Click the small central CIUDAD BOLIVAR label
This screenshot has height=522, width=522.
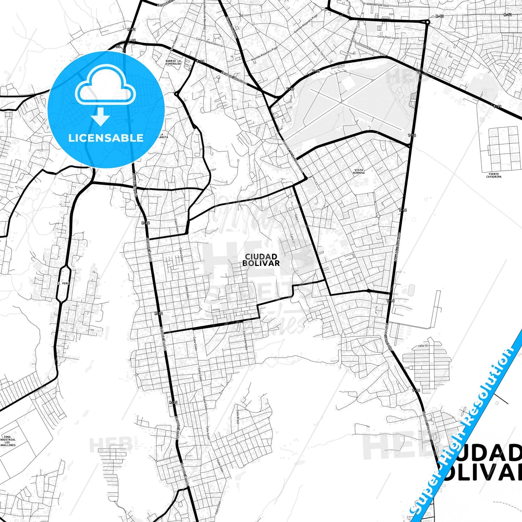tap(261, 260)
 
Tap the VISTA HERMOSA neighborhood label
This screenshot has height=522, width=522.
tap(359, 172)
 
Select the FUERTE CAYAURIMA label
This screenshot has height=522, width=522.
tap(493, 175)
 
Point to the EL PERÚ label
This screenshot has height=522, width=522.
tap(63, 283)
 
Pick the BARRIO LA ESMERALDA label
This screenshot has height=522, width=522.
tap(173, 62)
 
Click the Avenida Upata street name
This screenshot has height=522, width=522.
tap(377, 49)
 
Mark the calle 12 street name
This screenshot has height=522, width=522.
tap(423, 346)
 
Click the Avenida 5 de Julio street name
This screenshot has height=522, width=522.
tap(378, 5)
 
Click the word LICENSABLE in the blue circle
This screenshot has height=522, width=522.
tap(106, 138)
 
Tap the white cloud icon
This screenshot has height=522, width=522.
tap(105, 87)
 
